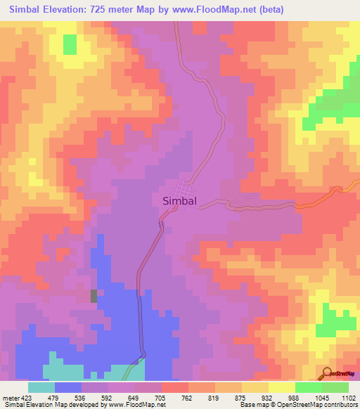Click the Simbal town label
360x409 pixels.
[x=179, y=200]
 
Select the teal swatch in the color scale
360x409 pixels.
[x=41, y=387]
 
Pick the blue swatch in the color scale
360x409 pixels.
[x=68, y=387]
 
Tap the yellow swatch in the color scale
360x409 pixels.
[x=255, y=387]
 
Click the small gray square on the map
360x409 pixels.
[x=94, y=296]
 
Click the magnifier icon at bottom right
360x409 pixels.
[x=328, y=373]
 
